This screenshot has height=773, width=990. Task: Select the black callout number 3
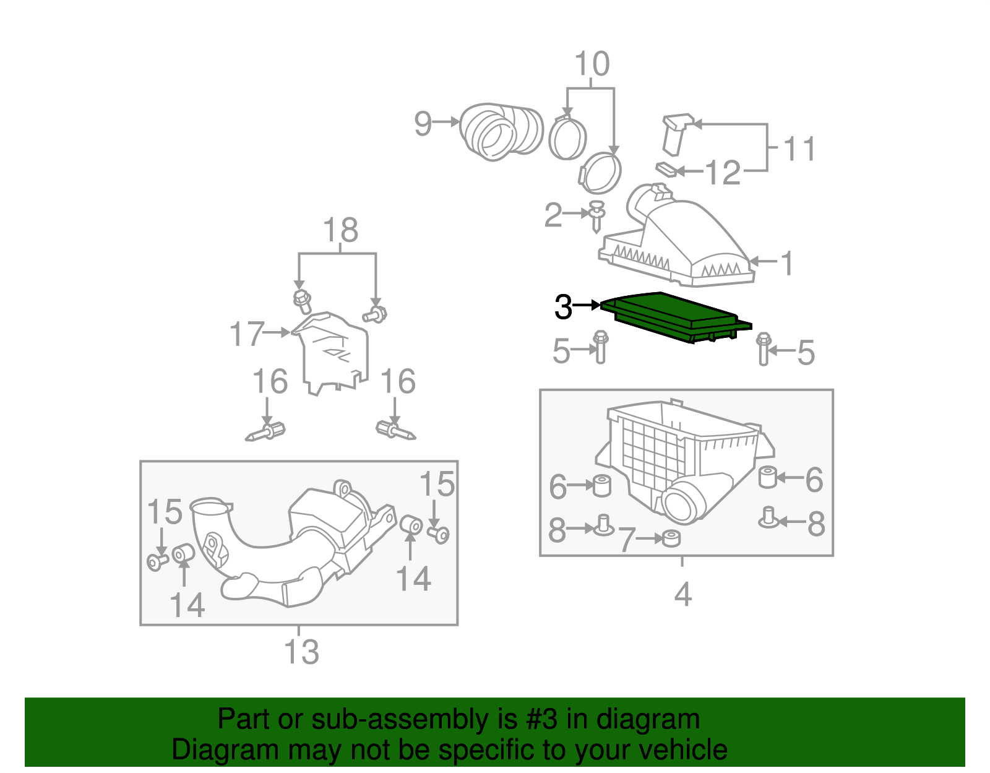(x=563, y=306)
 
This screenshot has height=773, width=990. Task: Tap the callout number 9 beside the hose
(x=423, y=123)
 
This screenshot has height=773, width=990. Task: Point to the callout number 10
(x=592, y=64)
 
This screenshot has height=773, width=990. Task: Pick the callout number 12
(x=723, y=173)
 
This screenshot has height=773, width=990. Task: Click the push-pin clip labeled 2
(x=596, y=215)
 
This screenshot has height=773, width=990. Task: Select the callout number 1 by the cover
(x=786, y=263)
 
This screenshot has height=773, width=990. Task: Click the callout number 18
(x=340, y=230)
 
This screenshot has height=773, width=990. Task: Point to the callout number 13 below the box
(x=301, y=652)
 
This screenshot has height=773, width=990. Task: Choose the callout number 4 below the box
(x=682, y=595)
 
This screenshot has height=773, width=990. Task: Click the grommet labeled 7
(x=670, y=538)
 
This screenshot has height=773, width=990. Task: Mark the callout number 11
(x=799, y=149)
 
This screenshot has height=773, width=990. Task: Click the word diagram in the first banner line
(x=648, y=720)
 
